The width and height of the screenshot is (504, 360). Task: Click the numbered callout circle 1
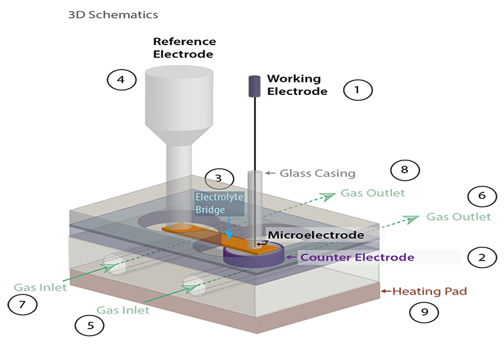pyautogui.click(x=357, y=90)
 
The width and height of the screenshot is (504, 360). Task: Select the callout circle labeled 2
pyautogui.click(x=482, y=257)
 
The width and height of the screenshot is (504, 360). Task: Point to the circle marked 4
pyautogui.click(x=120, y=80)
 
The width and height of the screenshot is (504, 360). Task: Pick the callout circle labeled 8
pyautogui.click(x=404, y=170)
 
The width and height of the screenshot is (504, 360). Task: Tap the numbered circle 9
pyautogui.click(x=424, y=312)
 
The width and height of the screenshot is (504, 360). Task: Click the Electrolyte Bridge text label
pyautogui.click(x=219, y=203)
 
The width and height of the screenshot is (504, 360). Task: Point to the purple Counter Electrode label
pyautogui.click(x=357, y=257)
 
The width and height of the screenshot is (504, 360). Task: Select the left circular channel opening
pyautogui.click(x=115, y=264)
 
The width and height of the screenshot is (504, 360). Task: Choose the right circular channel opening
pyautogui.click(x=194, y=285)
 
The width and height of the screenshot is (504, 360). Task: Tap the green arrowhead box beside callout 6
pyautogui.click(x=403, y=220)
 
